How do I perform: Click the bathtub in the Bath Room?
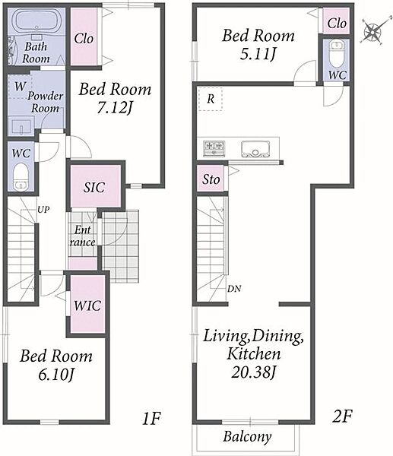[36, 21]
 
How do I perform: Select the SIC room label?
[94, 187]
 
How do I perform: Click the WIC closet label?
[87, 306]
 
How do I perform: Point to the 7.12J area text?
[115, 108]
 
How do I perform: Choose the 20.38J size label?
[253, 372]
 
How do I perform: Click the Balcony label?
[247, 436]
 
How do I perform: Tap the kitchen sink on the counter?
[255, 149]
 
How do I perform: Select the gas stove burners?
[214, 148]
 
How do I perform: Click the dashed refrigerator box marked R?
[211, 99]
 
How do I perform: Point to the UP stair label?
[43, 210]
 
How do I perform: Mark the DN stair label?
[234, 289]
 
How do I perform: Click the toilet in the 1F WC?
[21, 176]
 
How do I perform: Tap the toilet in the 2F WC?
[337, 54]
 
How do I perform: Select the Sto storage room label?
[211, 179]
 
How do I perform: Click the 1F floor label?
[151, 418]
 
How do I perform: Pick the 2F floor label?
[342, 416]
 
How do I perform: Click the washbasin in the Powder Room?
[21, 125]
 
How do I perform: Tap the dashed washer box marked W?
[20, 87]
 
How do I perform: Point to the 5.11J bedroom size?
[258, 54]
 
